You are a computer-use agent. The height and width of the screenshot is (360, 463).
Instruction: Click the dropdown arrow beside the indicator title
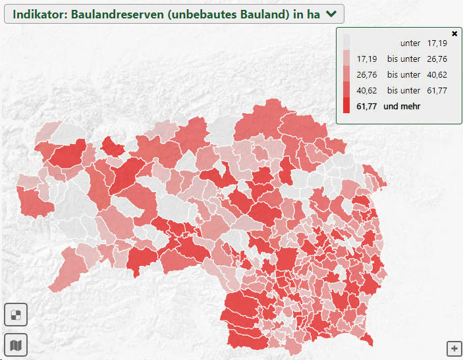pos(331,13)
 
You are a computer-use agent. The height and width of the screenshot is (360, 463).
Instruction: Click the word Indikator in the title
pos(39,13)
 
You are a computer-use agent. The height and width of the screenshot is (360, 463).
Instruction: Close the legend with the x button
pos(454,33)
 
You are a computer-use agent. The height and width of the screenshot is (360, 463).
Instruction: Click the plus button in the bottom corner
pos(454,348)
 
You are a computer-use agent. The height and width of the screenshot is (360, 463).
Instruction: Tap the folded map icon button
pos(16,344)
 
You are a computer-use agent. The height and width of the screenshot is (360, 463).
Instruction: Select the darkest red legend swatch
pos(346,106)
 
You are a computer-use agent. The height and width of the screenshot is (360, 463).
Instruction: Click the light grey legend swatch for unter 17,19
pos(346,43)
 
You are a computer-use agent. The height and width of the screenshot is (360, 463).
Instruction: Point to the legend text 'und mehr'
pos(402,106)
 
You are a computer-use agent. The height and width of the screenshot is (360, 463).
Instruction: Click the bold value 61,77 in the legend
pos(366,106)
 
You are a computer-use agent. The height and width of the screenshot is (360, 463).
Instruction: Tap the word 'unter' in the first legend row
pos(410,43)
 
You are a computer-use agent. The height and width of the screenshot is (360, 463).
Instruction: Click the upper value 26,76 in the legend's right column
pos(437,59)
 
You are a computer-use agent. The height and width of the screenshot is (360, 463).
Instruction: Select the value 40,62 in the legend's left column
pos(366,90)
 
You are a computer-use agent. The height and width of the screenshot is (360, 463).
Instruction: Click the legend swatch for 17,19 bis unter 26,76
pos(346,59)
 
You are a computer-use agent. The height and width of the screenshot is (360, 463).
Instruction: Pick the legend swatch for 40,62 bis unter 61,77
pos(346,90)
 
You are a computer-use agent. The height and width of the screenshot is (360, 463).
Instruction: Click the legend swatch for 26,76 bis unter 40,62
pos(346,74)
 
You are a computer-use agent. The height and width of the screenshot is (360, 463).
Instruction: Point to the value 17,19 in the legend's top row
pos(437,43)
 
